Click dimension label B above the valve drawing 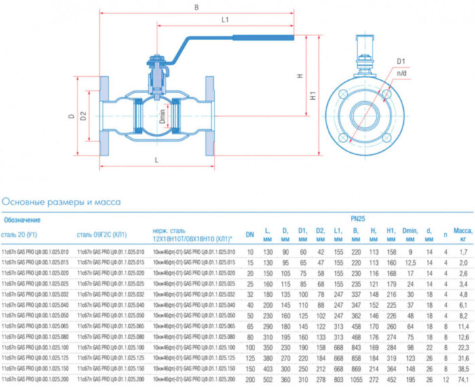click(196, 7)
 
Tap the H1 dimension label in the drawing click(313, 96)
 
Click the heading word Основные click(24, 202)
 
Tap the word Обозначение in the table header click(22, 219)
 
